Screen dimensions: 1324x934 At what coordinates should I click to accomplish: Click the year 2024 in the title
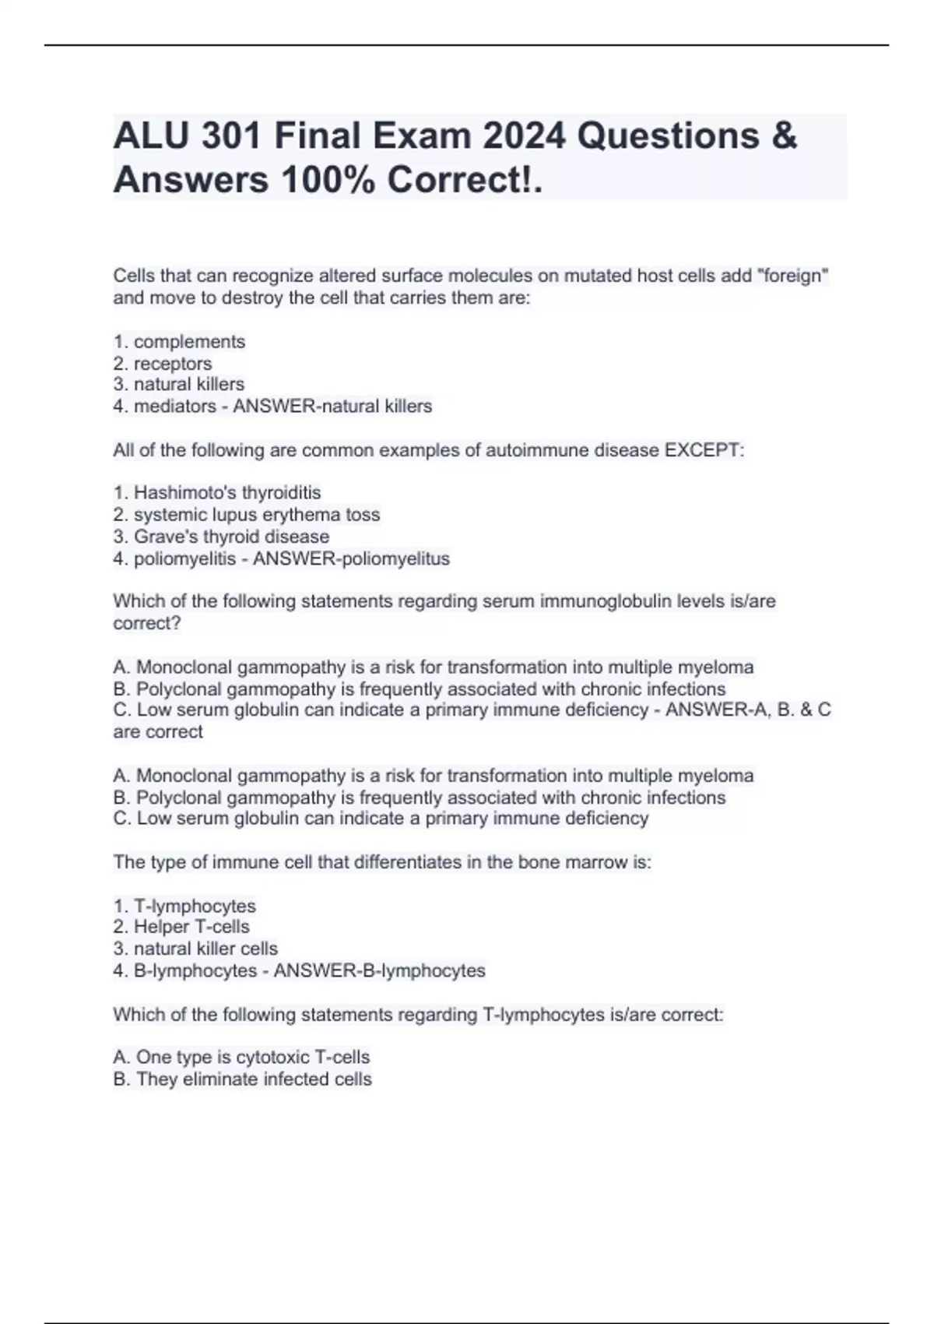523,136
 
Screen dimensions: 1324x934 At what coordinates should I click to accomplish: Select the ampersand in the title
785,136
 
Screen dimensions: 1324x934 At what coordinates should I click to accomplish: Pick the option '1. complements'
179,342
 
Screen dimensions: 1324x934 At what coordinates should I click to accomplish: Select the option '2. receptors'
163,364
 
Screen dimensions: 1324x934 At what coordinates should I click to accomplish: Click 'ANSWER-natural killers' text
332,407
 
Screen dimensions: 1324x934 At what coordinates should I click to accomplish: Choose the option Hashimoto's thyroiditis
217,493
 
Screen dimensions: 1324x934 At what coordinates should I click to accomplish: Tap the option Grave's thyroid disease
221,537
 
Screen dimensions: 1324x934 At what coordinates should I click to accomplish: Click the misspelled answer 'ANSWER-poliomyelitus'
351,559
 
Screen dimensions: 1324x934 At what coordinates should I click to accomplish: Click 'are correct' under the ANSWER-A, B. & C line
158,732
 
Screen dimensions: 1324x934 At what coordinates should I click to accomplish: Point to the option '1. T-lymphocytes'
184,907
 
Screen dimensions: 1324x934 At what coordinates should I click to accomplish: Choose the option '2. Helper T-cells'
181,927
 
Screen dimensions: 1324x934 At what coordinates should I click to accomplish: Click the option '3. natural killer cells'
195,949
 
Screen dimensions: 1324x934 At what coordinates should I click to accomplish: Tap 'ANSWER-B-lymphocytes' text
380,971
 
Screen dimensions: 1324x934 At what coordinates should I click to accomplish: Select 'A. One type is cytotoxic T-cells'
241,1058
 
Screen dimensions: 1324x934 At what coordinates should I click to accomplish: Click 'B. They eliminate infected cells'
242,1079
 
